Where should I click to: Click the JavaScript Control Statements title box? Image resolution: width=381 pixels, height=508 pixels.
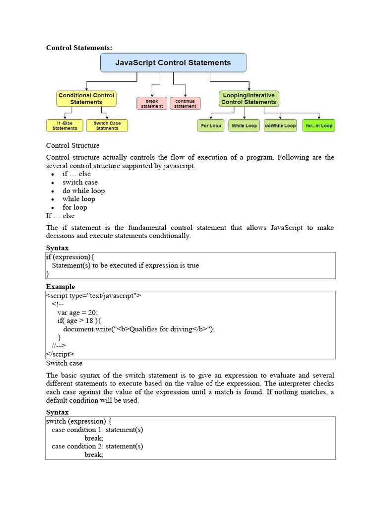[173, 63]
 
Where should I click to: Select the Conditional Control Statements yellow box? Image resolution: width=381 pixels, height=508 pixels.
[86, 99]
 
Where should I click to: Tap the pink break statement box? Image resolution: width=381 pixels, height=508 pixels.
[152, 103]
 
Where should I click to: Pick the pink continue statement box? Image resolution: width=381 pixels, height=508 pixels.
[185, 103]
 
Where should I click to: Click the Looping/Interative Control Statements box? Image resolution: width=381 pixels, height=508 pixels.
[249, 99]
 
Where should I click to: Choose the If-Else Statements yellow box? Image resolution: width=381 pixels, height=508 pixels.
[65, 126]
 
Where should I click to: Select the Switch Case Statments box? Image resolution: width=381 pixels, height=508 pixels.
[107, 126]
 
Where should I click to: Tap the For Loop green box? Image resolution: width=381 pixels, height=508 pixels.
[211, 126]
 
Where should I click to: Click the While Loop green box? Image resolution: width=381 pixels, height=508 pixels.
[244, 126]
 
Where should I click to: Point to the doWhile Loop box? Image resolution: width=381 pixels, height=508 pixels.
[280, 126]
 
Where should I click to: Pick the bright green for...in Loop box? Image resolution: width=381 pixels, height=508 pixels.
[318, 126]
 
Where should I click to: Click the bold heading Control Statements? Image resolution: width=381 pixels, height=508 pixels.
[79, 48]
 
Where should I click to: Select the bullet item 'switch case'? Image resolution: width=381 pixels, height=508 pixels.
[80, 182]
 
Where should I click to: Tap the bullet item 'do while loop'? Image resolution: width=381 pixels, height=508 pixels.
[83, 190]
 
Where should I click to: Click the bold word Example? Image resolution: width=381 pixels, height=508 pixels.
[61, 287]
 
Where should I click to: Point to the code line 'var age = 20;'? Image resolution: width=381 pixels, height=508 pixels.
[77, 313]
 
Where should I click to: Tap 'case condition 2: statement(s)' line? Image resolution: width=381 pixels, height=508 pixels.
[97, 446]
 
